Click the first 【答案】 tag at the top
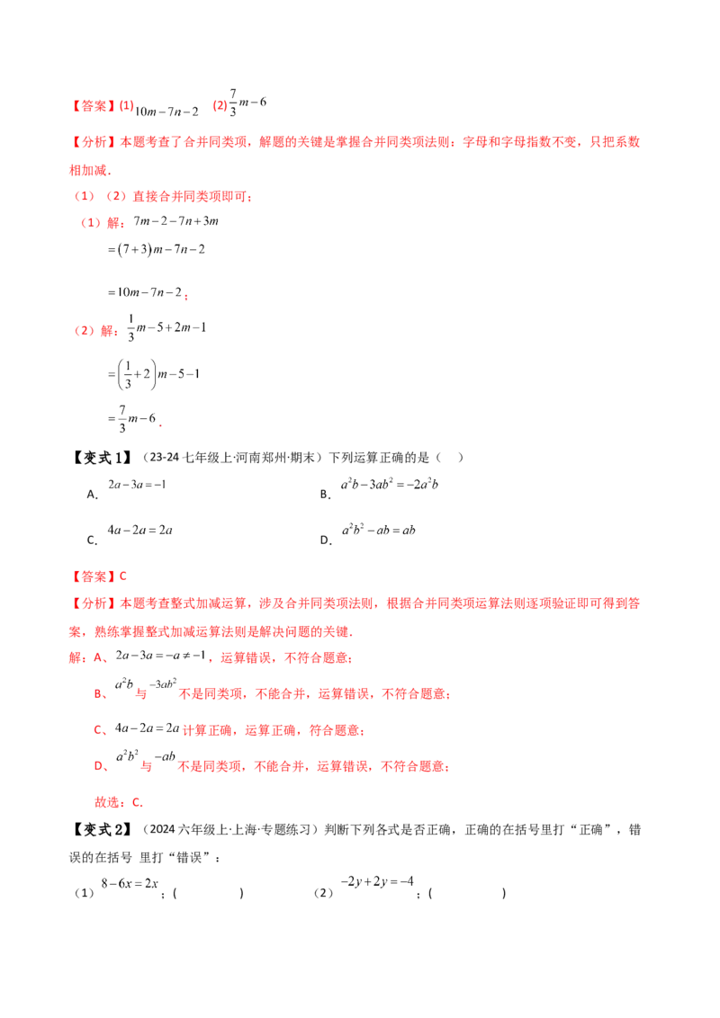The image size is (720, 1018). pyautogui.click(x=92, y=107)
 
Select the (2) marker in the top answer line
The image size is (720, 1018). pyautogui.click(x=218, y=107)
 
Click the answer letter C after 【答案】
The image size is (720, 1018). pyautogui.click(x=124, y=576)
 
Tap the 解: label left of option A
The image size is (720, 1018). pyautogui.click(x=75, y=659)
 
